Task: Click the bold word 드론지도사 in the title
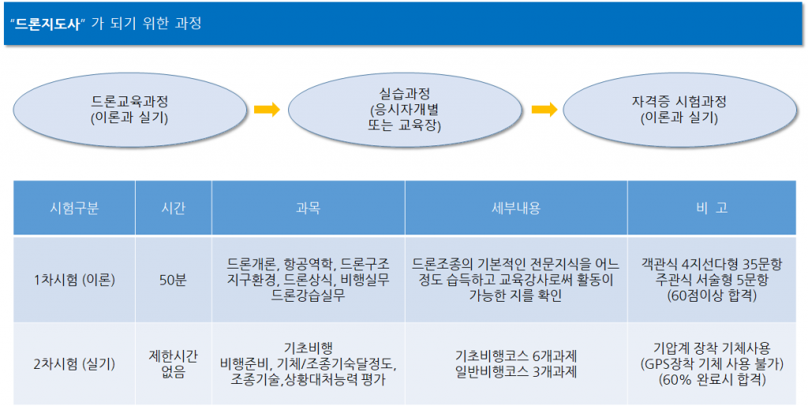pos(47,24)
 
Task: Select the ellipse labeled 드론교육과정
pos(130,110)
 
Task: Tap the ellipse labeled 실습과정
pos(405,110)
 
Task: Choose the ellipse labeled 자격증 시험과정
pos(679,110)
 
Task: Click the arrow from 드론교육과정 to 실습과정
pos(267,109)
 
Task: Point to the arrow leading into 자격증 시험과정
pos(544,109)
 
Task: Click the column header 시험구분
pos(74,208)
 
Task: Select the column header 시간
pos(173,208)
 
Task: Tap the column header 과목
pos(309,208)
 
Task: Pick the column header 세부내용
pos(516,208)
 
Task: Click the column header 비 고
pos(712,208)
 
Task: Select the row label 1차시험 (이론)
pos(74,280)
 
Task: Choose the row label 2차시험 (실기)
pos(74,364)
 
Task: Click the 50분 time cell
pos(173,280)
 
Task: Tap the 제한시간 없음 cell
pos(173,364)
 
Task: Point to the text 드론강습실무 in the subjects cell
pos(309,296)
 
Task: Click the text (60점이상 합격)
pos(712,296)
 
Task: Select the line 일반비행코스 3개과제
pos(516,372)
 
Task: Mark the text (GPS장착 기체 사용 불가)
pos(712,364)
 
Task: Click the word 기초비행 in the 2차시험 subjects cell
pos(309,348)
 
